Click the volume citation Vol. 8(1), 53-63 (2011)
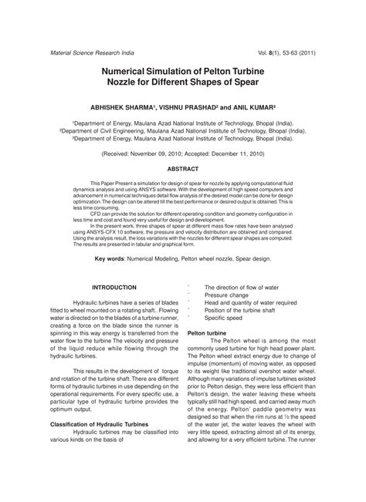tap(284, 52)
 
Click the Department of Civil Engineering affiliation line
tap(182, 130)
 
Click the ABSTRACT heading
tap(182, 168)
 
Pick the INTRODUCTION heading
tap(114, 287)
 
